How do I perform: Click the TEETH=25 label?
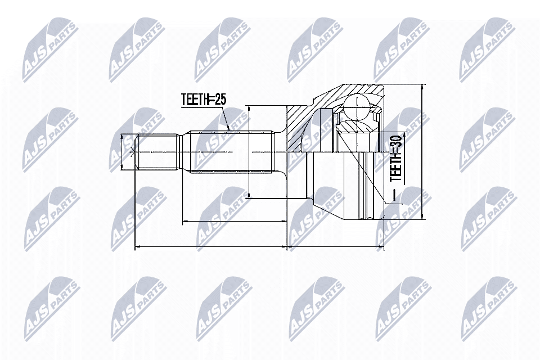click(x=203, y=100)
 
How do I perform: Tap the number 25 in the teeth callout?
click(x=219, y=100)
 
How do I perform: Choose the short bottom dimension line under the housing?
click(x=335, y=246)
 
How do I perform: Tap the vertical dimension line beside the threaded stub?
click(x=123, y=152)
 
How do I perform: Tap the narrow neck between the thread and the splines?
click(x=184, y=152)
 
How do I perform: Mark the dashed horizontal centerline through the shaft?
click(x=259, y=152)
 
